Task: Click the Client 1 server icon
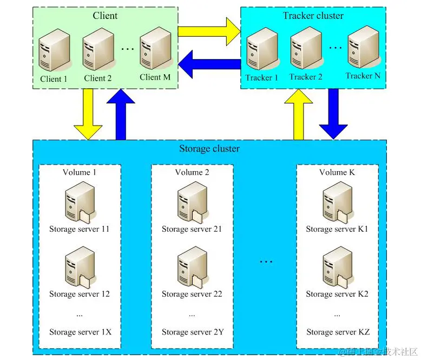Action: click(55, 50)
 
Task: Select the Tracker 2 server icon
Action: click(306, 48)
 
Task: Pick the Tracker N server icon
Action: click(364, 47)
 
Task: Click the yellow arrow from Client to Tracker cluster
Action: click(209, 31)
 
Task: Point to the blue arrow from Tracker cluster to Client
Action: click(209, 64)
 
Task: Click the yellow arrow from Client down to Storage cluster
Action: click(88, 114)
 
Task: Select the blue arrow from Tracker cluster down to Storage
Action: click(333, 114)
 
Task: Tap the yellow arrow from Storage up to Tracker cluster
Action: click(298, 114)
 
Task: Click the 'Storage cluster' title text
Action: click(209, 148)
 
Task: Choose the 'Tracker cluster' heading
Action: click(313, 16)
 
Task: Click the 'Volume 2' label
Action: click(192, 172)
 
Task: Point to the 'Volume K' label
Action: click(337, 172)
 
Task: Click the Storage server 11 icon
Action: click(80, 202)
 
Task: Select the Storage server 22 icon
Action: click(192, 267)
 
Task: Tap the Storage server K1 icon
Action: click(338, 202)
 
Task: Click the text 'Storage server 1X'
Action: click(80, 332)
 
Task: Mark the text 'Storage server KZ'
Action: click(338, 332)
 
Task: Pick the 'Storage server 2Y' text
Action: click(193, 332)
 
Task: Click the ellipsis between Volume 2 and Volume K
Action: click(266, 261)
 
